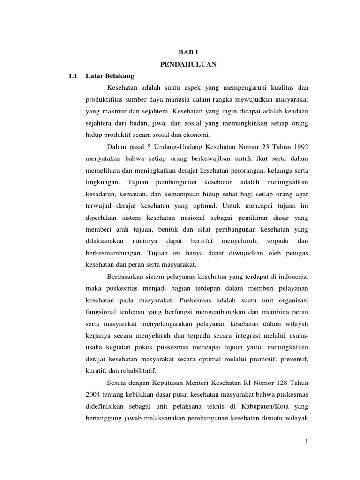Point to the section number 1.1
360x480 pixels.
[x=72, y=76]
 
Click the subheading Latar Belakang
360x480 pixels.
[x=110, y=76]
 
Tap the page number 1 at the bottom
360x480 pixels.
[x=306, y=441]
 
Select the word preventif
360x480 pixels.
[x=293, y=359]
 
